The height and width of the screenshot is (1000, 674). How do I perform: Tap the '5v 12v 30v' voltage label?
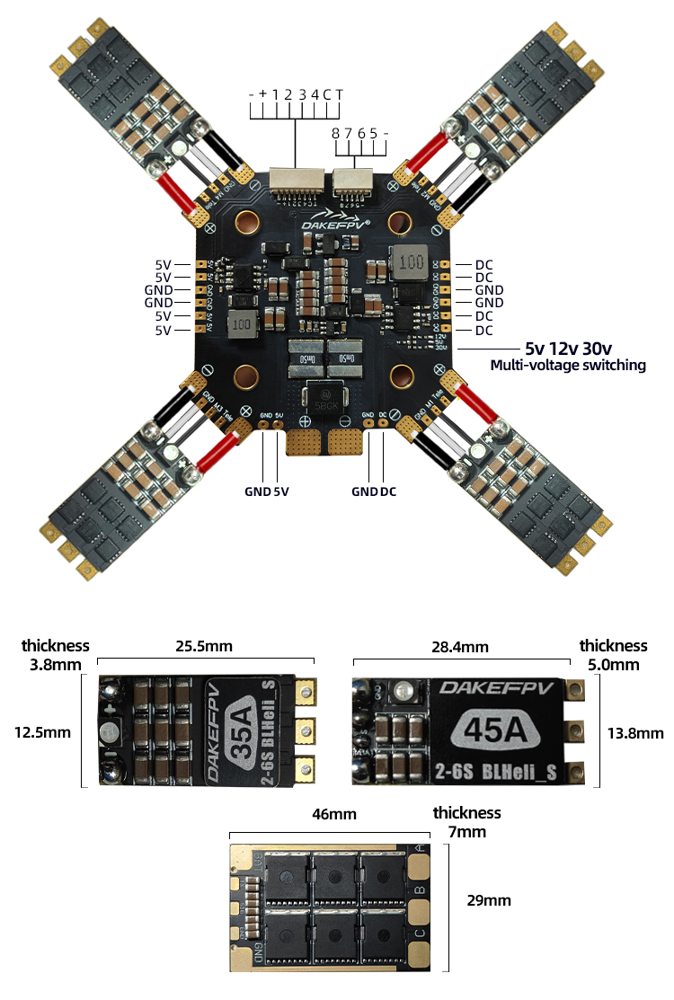point(569,349)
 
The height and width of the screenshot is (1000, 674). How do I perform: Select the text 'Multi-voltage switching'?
point(567,366)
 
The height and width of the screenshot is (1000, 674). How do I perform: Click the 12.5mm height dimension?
point(42,732)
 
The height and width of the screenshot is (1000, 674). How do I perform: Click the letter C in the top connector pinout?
point(328,94)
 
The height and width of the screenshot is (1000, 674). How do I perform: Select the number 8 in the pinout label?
point(335,133)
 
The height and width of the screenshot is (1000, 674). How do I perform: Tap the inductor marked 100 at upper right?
point(411,263)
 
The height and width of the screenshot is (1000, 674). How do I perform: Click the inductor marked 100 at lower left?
point(240,324)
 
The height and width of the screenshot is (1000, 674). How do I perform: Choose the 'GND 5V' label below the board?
point(267,491)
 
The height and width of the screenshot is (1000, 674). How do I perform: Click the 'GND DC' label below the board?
point(374,491)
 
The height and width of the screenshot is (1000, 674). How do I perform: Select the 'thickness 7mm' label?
point(466,822)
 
